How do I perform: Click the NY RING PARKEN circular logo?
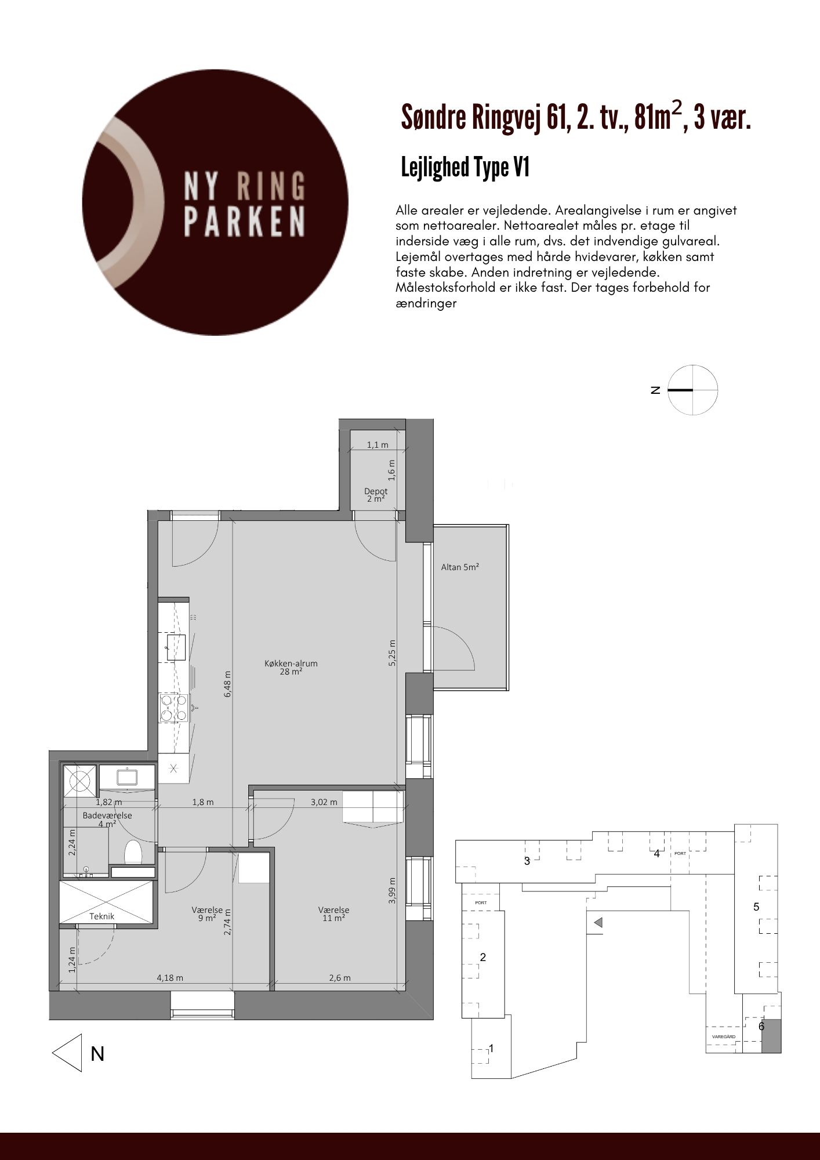coord(215,202)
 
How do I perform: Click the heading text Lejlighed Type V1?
coord(465,168)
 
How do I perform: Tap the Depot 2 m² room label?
coord(376,495)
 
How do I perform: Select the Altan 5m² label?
coord(460,567)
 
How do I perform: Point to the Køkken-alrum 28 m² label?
coord(291,668)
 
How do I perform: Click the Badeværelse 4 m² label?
coord(107,819)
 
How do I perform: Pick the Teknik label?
coord(102,916)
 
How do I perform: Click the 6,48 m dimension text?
coord(228,684)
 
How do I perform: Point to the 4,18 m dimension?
coord(170,978)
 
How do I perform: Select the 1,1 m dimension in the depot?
coord(378,445)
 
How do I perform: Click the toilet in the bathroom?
coord(133,852)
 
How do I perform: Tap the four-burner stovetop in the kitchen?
coord(174,708)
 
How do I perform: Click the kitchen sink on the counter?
coord(176,647)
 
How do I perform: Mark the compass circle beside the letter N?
coord(693,390)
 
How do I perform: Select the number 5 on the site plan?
coord(756,907)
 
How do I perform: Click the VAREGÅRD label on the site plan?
coord(724,1036)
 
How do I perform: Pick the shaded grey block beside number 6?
coord(771,1036)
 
